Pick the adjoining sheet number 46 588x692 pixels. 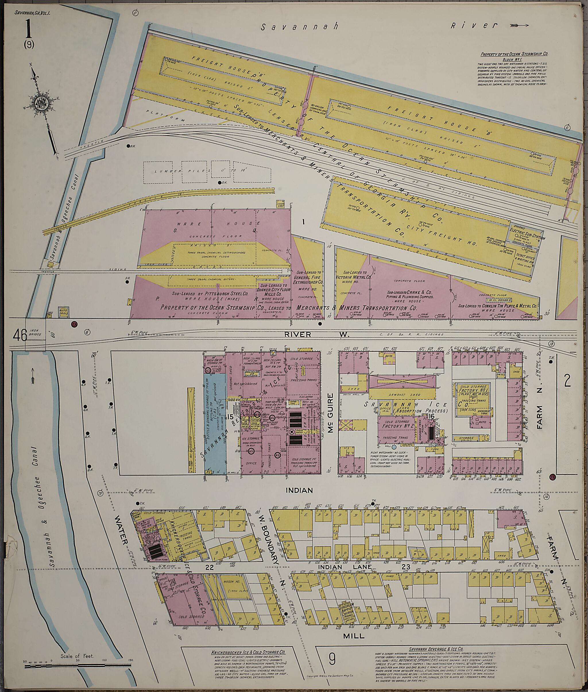point(20,335)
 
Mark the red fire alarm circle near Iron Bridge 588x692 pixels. point(74,324)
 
